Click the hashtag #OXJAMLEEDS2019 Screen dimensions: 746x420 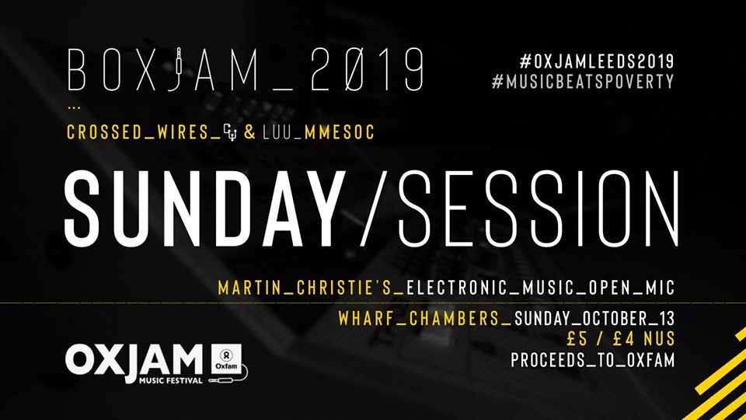(x=597, y=61)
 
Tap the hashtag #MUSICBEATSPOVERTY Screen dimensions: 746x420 (x=584, y=82)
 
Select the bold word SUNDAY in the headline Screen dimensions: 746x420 (x=205, y=208)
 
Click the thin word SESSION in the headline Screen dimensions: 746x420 (x=538, y=208)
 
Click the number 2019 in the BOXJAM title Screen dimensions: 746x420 (x=368, y=69)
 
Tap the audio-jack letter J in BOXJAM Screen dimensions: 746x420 (x=177, y=69)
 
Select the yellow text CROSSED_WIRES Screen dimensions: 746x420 (x=138, y=132)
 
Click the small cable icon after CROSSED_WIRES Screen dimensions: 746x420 (x=230, y=132)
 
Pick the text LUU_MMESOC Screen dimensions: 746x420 (x=319, y=132)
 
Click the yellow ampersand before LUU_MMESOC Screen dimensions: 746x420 (x=249, y=132)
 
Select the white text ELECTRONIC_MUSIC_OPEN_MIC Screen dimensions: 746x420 (x=541, y=288)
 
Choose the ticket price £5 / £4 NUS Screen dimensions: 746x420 (x=621, y=338)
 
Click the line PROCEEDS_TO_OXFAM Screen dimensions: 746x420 (x=593, y=360)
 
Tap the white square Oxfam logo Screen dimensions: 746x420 (x=226, y=359)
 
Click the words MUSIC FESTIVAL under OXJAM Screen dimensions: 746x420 (x=171, y=380)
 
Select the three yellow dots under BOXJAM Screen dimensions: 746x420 (x=74, y=108)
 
